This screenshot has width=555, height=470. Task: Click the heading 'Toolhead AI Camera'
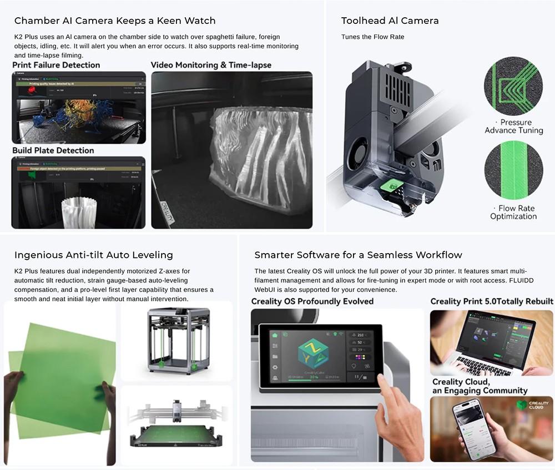pos(390,21)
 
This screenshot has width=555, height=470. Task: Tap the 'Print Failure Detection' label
pos(56,65)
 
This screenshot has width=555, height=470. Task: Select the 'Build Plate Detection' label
pos(53,150)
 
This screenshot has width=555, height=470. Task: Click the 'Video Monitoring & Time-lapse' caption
pos(211,65)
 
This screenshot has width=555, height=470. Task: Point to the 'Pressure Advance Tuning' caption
pos(513,126)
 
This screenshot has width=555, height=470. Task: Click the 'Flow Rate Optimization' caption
pos(513,212)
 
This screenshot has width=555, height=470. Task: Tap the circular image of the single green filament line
pos(513,170)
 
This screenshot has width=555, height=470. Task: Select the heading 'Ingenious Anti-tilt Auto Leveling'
pos(94,255)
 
